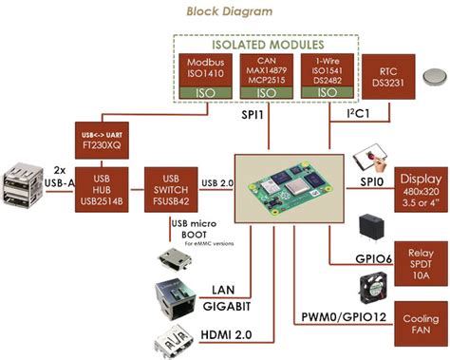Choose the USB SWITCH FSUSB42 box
click(x=171, y=186)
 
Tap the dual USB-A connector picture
click(x=24, y=186)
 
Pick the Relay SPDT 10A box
click(x=418, y=261)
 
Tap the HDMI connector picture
click(x=172, y=340)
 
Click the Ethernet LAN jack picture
click(x=172, y=297)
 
